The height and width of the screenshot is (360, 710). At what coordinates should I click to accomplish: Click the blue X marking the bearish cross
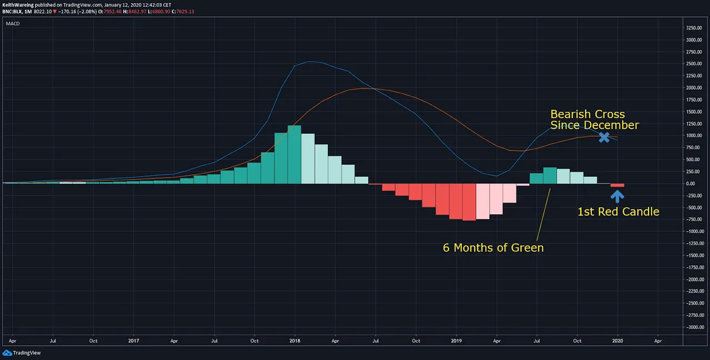coord(604,136)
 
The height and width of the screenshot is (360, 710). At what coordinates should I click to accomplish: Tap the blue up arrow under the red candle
coord(617,195)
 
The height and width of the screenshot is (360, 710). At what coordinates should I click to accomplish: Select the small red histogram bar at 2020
coord(617,185)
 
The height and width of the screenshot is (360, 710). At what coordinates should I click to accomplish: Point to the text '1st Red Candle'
coord(618,211)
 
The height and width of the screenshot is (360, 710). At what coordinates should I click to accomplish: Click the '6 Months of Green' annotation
coord(493,247)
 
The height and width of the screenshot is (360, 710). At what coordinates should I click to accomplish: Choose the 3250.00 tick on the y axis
coord(693,28)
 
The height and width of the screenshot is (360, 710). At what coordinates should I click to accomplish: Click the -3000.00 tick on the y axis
coord(693,327)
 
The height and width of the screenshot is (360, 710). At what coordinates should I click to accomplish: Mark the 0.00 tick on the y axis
coord(693,184)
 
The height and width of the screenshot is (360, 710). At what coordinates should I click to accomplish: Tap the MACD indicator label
coord(13,24)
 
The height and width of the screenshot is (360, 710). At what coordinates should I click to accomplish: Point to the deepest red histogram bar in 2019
coord(469,202)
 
